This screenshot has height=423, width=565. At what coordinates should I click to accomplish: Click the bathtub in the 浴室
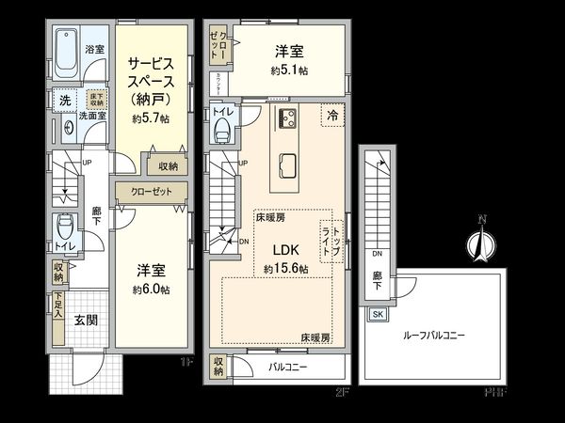click(x=65, y=55)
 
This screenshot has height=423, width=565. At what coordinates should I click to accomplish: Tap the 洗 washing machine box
click(x=65, y=100)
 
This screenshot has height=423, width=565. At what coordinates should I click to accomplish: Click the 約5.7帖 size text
click(x=151, y=119)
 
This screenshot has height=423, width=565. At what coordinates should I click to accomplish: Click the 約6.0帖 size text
click(x=151, y=290)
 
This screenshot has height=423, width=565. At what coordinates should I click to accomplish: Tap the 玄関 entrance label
click(x=87, y=320)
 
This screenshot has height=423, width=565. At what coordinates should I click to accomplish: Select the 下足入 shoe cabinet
click(x=57, y=307)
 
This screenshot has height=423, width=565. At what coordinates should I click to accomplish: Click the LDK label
click(x=286, y=251)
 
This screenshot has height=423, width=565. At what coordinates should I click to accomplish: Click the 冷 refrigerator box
click(x=332, y=115)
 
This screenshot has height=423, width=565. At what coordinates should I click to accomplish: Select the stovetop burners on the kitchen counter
click(x=286, y=118)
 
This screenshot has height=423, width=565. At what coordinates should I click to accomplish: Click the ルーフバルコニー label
click(x=434, y=335)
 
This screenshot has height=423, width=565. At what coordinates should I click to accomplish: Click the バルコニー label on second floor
click(x=287, y=366)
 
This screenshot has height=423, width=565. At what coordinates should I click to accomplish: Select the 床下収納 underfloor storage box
click(x=96, y=100)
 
